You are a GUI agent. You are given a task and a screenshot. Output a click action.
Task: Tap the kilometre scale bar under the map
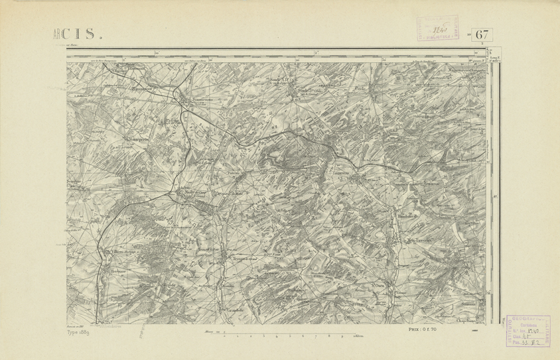pyautogui.click(x=281, y=336)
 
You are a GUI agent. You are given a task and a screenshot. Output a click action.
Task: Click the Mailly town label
pyautogui.click(x=192, y=193)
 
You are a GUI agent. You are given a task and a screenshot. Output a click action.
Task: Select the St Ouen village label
pyautogui.click(x=379, y=286)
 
